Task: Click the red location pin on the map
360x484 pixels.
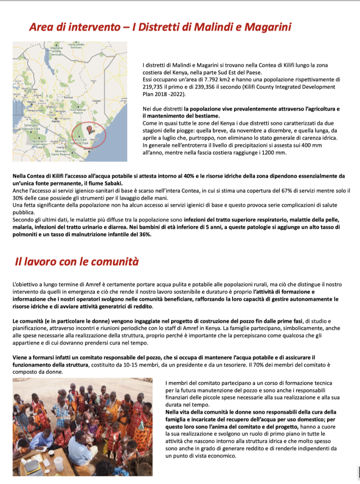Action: click(x=89, y=129)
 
